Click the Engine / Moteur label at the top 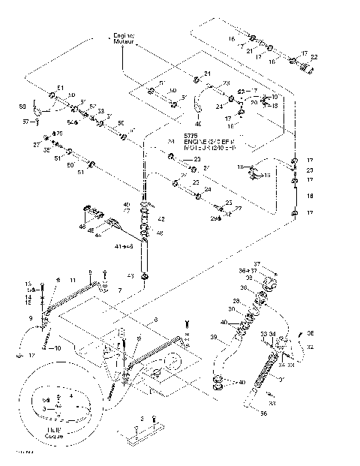coord(123,38)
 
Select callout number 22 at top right coord(313,57)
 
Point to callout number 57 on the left coord(25,120)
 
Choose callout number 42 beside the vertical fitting coord(160,220)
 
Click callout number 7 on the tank coord(119,289)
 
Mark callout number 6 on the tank coord(155,320)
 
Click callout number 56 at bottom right coord(262,413)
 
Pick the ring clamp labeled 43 coord(143,277)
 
